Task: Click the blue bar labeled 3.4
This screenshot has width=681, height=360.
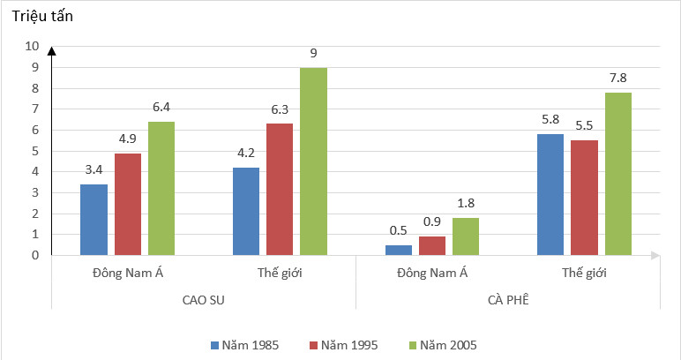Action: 94,220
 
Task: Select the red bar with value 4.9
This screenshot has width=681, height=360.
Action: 127,205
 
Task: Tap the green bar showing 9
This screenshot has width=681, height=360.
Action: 313,161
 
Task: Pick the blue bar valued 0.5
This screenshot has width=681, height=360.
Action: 399,250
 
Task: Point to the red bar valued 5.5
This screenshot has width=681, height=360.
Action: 585,198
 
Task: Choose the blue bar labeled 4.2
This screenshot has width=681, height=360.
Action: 246,211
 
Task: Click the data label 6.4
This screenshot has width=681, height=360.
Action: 161,107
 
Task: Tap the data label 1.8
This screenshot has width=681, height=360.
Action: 467,203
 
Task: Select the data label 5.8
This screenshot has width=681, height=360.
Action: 550,119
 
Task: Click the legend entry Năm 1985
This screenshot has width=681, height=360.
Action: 246,344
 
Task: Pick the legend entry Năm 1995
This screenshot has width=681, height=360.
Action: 345,344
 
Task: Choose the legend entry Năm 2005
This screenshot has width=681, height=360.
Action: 445,344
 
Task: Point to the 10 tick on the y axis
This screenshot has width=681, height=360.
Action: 33,46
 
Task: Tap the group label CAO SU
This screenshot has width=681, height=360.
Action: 204,300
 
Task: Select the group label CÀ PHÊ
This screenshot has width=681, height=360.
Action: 508,300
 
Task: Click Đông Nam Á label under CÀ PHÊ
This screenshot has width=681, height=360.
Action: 432,272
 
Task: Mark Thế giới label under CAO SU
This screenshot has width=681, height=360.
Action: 280,272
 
